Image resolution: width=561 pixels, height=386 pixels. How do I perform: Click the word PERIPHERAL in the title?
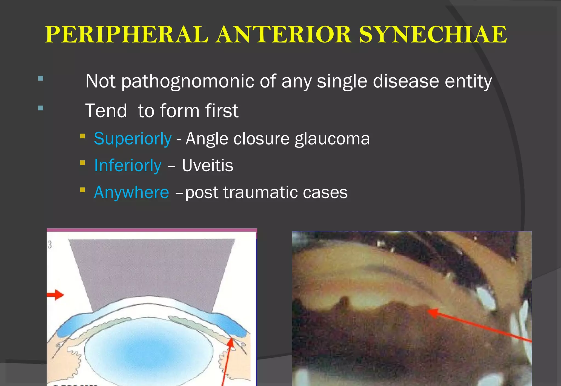(x=127, y=35)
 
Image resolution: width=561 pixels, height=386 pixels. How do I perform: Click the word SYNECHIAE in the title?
(x=433, y=35)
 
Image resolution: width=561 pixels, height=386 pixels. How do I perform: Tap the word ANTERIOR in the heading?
(x=284, y=35)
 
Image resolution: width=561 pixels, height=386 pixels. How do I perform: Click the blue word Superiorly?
(x=133, y=139)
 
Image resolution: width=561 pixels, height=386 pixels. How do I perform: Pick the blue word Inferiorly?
(x=128, y=166)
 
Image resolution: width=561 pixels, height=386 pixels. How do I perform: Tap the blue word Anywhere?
(x=131, y=192)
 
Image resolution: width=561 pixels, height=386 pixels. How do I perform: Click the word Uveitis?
(x=207, y=166)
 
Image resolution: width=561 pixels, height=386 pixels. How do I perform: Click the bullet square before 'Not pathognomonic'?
(x=41, y=78)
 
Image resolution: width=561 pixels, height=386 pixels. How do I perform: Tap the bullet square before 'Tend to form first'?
(x=41, y=108)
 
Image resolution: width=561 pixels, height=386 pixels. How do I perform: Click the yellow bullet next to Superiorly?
(x=82, y=136)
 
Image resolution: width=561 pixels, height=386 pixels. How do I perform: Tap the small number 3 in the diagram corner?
(x=50, y=245)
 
